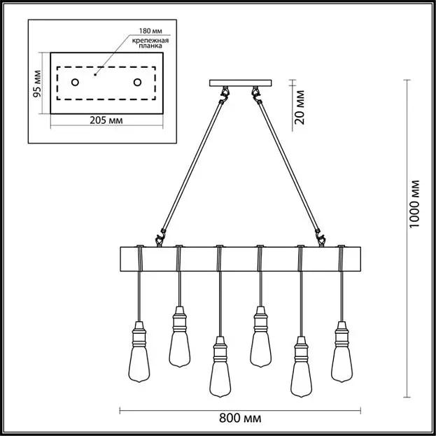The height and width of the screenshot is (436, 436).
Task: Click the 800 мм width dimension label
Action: pyautogui.click(x=240, y=418)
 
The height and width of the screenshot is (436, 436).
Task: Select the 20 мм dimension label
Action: pyautogui.click(x=300, y=107)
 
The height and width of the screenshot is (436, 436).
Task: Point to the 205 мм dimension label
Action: pyautogui.click(x=106, y=120)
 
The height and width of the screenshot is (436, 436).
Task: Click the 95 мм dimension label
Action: pyautogui.click(x=37, y=83)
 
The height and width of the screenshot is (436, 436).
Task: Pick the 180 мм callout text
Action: pyautogui.click(x=150, y=31)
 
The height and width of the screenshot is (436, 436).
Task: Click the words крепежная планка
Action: pyautogui.click(x=150, y=43)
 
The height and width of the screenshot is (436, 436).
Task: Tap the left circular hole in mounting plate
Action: pyautogui.click(x=75, y=83)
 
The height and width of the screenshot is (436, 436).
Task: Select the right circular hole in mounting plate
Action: pyautogui.click(x=137, y=83)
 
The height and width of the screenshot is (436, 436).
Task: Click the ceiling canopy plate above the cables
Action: pyautogui.click(x=241, y=83)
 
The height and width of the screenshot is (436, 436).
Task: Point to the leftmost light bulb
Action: pyautogui.click(x=139, y=351)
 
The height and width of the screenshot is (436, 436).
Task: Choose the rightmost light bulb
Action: pyautogui.click(x=342, y=351)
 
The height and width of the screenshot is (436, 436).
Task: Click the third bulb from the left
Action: pyautogui.click(x=220, y=367)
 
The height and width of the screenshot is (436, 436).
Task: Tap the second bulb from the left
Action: pyautogui.click(x=180, y=337)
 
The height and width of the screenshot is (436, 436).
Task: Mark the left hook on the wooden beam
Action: pyautogui.click(x=160, y=239)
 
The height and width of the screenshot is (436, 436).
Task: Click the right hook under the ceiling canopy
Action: pyautogui.click(x=256, y=94)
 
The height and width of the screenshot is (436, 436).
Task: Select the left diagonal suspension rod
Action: pyautogui.click(x=193, y=166)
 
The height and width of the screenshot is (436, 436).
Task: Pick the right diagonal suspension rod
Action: pyautogui.click(x=288, y=167)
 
